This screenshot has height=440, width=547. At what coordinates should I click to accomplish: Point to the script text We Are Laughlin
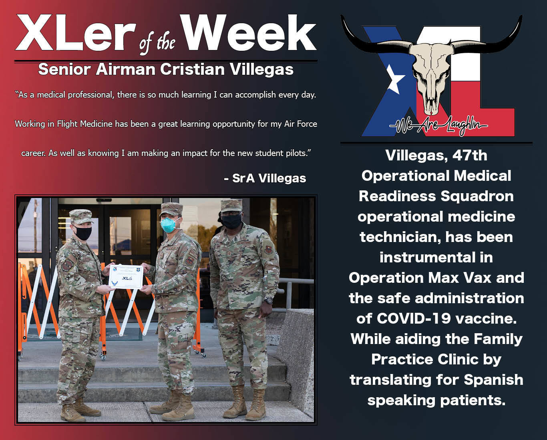[x=438, y=126]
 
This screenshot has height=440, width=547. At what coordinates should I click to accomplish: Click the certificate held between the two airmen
[x=126, y=276]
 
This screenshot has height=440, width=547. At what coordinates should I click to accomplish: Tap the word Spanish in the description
[x=493, y=380]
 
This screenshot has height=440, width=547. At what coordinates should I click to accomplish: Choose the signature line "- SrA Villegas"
[x=265, y=178]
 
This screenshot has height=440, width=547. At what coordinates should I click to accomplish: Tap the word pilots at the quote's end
[x=294, y=153]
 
